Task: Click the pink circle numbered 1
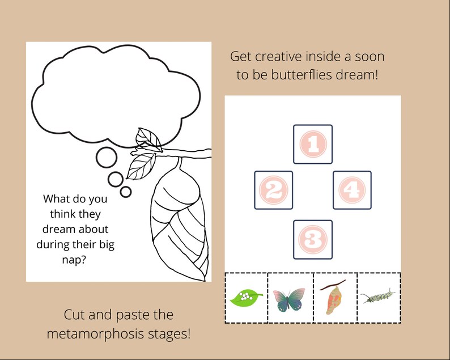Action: pos(312,144)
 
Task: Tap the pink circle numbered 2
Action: pos(273,190)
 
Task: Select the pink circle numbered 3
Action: pos(312,239)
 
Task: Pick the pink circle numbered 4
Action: pos(352,190)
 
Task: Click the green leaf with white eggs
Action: pos(245,297)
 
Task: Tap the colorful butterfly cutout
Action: pos(288,299)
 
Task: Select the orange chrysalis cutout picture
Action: pos(335,298)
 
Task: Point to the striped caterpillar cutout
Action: pos(378,296)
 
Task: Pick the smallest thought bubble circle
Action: pos(126,192)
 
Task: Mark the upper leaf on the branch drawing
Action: pos(147,137)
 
